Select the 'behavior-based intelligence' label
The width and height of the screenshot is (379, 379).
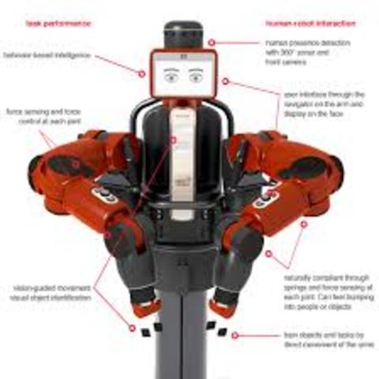tap(48, 56)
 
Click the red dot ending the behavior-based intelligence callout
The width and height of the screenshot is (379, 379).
tap(142, 73)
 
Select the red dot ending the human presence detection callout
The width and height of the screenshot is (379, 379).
tap(211, 42)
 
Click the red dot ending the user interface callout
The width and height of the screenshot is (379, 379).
tap(225, 81)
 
